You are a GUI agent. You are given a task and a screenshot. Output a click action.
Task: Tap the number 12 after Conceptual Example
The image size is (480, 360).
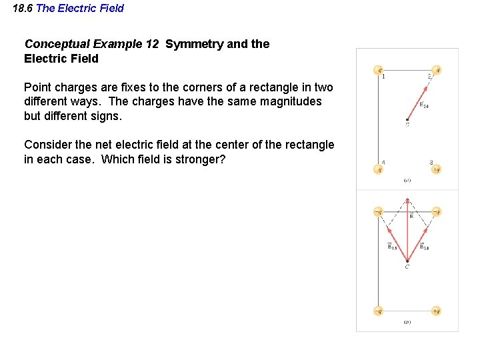click(152, 44)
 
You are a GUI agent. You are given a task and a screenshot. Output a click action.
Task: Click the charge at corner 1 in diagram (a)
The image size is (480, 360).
click(378, 70)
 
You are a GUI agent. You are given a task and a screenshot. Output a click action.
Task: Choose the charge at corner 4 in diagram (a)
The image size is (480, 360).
click(378, 169)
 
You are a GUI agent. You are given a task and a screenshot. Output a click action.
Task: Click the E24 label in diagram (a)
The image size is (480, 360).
click(424, 105)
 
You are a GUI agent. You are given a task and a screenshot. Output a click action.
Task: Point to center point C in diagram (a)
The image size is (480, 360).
click(407, 120)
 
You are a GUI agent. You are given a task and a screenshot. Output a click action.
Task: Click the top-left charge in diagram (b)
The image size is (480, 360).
click(378, 212)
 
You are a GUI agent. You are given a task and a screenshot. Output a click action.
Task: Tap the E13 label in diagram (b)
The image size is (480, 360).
click(393, 247)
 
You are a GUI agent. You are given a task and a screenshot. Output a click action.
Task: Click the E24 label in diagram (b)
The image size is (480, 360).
click(425, 247)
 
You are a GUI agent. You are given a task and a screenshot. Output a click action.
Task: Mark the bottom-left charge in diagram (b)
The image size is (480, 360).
click(378, 311)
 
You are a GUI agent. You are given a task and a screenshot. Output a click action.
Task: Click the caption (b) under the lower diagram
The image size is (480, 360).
click(407, 322)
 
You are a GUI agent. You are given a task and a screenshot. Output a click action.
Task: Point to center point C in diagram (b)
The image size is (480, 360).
click(407, 261)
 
